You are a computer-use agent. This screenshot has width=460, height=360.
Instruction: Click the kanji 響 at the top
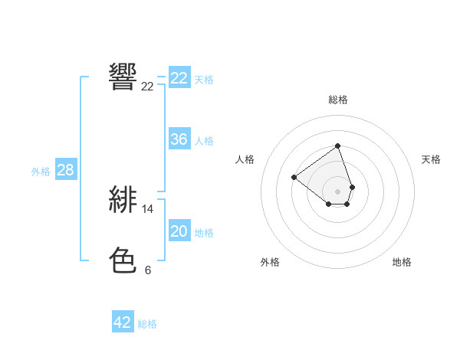(x=123, y=77)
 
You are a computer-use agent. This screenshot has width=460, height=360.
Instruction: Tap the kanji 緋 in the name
(x=123, y=199)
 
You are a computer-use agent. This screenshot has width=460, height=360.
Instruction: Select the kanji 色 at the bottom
(x=123, y=260)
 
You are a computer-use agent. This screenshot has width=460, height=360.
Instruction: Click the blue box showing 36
(x=179, y=139)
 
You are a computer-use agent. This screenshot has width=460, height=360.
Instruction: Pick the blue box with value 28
(x=65, y=171)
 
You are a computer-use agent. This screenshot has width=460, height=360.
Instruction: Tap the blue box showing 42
(x=123, y=322)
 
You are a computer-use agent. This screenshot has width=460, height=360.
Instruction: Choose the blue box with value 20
(x=179, y=231)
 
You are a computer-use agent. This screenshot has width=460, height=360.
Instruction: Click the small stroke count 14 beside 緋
(x=148, y=208)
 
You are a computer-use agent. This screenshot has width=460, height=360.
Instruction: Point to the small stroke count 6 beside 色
(x=148, y=270)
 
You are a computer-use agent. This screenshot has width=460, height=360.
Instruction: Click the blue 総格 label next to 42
(x=147, y=324)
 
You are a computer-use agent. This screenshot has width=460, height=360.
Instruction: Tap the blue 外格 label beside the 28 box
(x=41, y=172)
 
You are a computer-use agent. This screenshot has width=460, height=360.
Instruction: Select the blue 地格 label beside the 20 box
(x=204, y=233)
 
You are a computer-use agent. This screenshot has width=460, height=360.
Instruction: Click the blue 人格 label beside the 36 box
(x=204, y=141)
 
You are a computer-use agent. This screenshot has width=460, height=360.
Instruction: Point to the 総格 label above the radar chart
(x=338, y=100)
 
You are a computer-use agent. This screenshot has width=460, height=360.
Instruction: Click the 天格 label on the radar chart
(x=431, y=159)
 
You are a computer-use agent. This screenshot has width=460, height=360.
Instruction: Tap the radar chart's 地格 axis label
(x=402, y=262)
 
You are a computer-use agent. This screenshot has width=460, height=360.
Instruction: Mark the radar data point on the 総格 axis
(x=337, y=146)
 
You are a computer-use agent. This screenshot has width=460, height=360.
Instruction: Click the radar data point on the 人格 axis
(x=294, y=177)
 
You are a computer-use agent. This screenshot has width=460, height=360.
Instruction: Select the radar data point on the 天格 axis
(x=352, y=186)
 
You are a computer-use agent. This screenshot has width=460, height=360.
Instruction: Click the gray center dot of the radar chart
(x=337, y=191)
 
